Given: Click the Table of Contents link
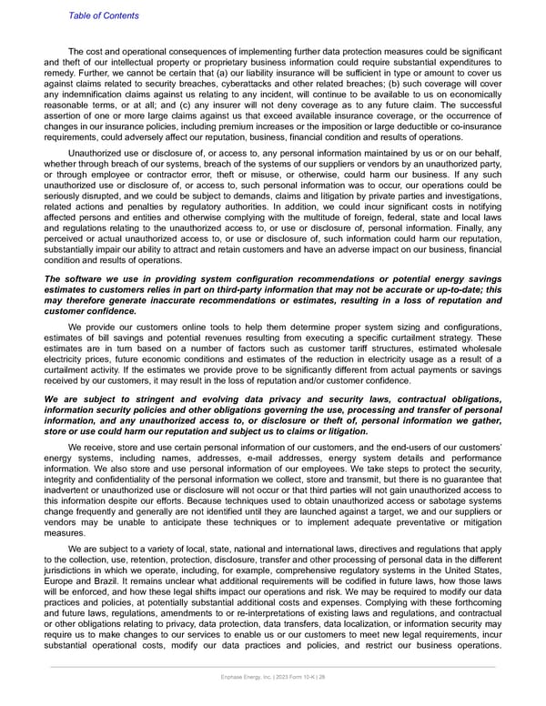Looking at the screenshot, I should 103,15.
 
